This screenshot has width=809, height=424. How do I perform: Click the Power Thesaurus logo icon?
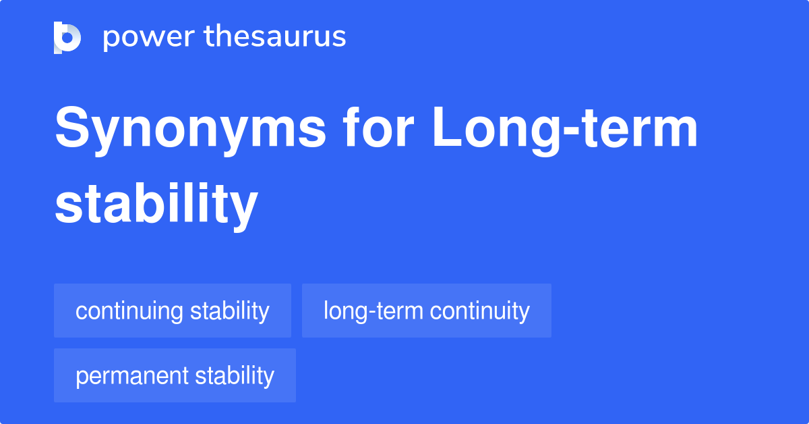point(67,37)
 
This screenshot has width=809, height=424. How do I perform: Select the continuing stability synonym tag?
point(172,311)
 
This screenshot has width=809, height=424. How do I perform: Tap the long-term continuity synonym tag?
point(426,311)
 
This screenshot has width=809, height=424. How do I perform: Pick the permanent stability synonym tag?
point(175,375)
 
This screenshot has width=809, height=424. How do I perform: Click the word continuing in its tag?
point(129,311)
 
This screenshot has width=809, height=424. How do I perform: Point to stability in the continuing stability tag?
point(229,311)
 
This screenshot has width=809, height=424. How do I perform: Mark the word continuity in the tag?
point(479,311)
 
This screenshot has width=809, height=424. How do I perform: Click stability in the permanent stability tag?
point(235,375)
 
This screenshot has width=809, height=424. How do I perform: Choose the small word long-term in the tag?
point(373,311)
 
